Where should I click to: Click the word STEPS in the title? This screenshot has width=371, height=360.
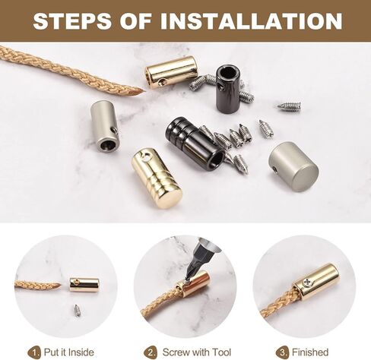click(72, 21)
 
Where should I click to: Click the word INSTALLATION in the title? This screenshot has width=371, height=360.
click(251, 21)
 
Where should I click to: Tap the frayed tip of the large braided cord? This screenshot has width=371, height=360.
click(142, 91)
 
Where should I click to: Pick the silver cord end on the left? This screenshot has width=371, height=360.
click(105, 126)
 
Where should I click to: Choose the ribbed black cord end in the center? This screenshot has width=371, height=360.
click(195, 144)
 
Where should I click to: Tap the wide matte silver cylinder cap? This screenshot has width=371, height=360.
click(293, 166)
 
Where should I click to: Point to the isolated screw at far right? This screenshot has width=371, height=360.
click(289, 106)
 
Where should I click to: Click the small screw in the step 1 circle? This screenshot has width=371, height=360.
click(77, 308)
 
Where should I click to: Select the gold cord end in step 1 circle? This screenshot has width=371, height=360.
click(84, 285)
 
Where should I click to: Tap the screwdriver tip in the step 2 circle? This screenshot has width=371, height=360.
click(187, 279)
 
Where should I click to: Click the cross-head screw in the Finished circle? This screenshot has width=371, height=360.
click(307, 283)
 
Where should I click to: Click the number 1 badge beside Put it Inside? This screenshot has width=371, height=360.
click(34, 352)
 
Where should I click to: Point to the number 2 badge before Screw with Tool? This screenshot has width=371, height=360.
click(150, 352)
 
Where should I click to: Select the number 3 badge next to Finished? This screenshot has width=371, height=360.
click(282, 352)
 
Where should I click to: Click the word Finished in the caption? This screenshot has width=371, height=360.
click(310, 352)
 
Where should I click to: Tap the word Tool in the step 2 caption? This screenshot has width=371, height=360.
click(221, 352)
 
